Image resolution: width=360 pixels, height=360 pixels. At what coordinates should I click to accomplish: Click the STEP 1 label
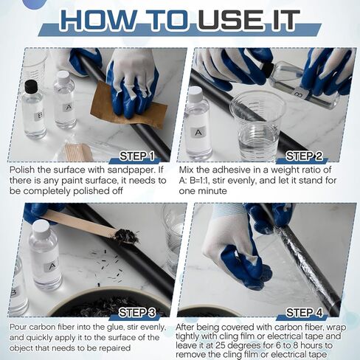click(136, 156)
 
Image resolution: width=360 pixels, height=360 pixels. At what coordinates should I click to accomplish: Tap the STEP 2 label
click(304, 156)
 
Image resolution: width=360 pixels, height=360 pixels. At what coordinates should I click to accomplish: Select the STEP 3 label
click(137, 313)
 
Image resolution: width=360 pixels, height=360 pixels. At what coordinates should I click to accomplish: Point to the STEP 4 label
click(304, 313)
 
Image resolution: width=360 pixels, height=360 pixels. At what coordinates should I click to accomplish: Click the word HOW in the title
click(97, 21)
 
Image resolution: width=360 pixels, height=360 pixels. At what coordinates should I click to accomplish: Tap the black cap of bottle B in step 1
click(31, 87)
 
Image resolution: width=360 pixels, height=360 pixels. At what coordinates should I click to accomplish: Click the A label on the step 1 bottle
click(69, 108)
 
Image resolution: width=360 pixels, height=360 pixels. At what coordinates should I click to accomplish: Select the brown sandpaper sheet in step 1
click(128, 105)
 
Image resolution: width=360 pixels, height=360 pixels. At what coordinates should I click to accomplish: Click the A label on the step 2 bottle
click(198, 133)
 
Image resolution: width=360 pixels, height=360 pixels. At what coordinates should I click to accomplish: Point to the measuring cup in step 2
click(257, 126)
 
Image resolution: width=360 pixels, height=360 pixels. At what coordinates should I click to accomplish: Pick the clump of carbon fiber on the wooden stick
click(125, 236)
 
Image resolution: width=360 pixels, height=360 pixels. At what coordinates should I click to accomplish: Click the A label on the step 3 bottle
click(52, 266)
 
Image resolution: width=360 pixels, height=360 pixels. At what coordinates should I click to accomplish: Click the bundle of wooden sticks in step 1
click(78, 152)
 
